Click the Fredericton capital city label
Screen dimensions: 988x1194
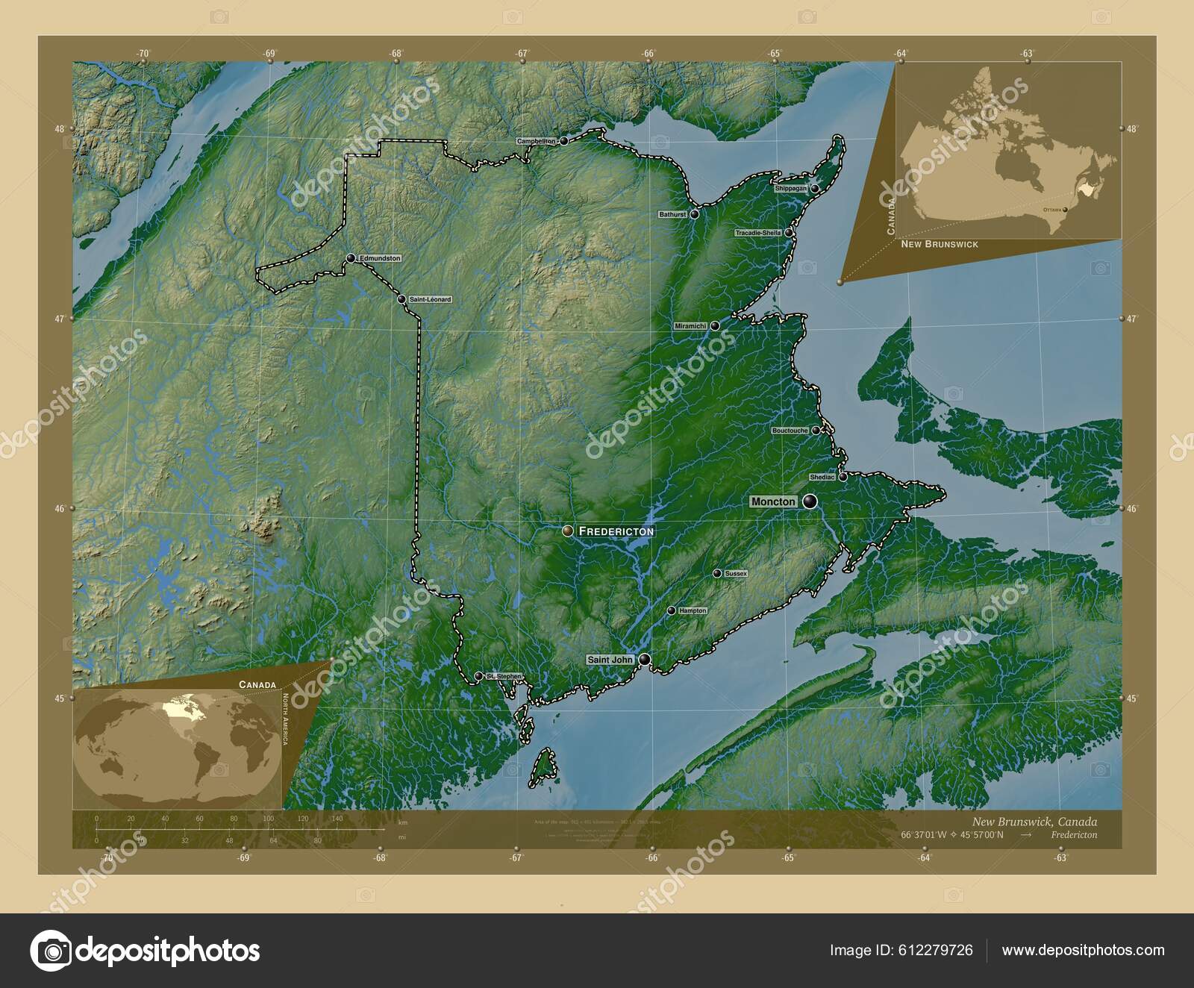pyautogui.click(x=616, y=531)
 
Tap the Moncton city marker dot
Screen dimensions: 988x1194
pyautogui.click(x=810, y=502)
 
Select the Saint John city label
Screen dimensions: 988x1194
pyautogui.click(x=610, y=660)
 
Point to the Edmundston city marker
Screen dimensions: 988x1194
pyautogui.click(x=350, y=258)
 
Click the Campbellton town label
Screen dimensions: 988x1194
pyautogui.click(x=537, y=141)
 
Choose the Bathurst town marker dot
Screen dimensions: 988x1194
pyautogui.click(x=694, y=214)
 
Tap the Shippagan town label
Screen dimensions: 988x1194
pyautogui.click(x=791, y=189)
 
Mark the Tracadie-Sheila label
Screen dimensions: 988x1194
pyautogui.click(x=758, y=233)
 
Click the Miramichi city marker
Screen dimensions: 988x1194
pyautogui.click(x=714, y=326)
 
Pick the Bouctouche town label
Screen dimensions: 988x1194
pyautogui.click(x=790, y=431)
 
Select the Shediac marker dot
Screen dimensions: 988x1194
pyautogui.click(x=843, y=477)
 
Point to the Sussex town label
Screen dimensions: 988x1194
pyautogui.click(x=735, y=574)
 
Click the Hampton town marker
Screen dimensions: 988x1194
pyautogui.click(x=671, y=611)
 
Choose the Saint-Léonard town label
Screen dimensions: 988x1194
pyautogui.click(x=430, y=299)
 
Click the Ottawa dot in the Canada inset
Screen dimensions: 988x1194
pyautogui.click(x=1065, y=210)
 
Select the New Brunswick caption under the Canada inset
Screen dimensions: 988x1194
pyautogui.click(x=939, y=245)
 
